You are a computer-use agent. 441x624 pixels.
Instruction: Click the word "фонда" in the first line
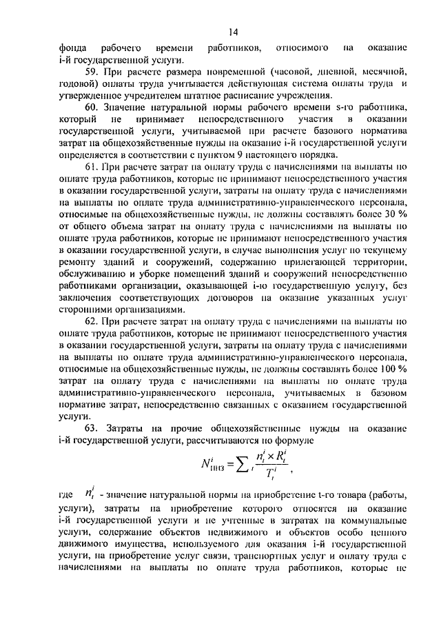tap(72, 48)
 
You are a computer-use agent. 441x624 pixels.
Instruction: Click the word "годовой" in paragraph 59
tap(77, 85)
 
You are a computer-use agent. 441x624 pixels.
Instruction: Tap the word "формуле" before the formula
tap(294, 442)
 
